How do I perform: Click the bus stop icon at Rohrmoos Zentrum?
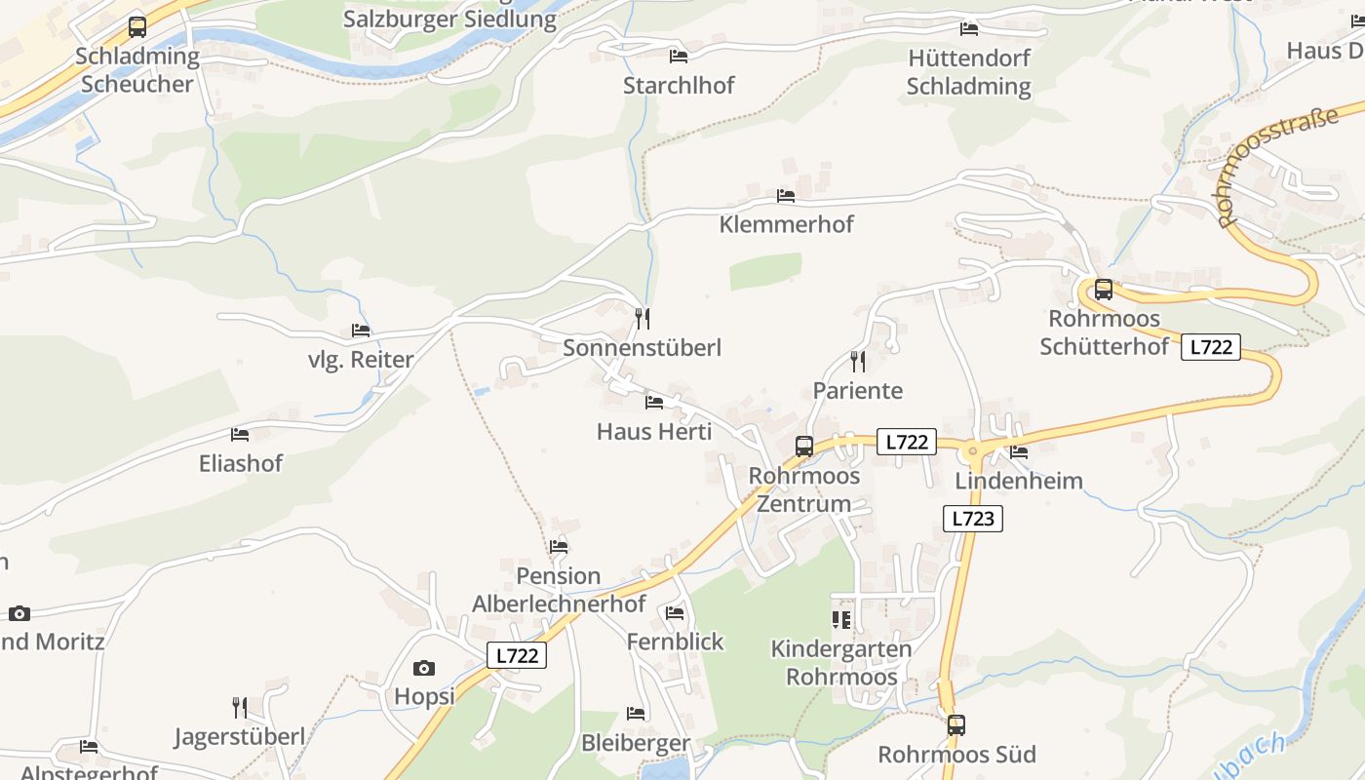coord(804,447)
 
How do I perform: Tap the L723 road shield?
coord(972,519)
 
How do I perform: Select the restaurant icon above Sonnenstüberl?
coord(643,318)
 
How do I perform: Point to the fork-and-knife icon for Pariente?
coord(858,362)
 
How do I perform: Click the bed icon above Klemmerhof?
coord(786,196)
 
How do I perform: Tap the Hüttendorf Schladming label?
coord(968,72)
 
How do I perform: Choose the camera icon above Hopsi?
coord(423,668)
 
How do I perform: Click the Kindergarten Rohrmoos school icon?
coord(840,619)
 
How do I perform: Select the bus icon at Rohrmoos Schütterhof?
coord(1103,290)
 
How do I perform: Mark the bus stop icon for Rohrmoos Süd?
coord(955,725)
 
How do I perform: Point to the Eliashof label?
coord(240,463)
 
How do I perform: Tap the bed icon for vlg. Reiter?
coord(361,331)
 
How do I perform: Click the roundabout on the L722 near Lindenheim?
coord(971,451)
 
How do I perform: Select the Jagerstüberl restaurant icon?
coord(240,707)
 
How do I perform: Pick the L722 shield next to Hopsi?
coord(517,656)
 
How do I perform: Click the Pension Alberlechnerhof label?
coord(559,590)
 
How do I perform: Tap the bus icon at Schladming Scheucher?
coord(137,27)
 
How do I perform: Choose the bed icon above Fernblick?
coord(675,613)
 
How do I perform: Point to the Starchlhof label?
coord(679,86)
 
